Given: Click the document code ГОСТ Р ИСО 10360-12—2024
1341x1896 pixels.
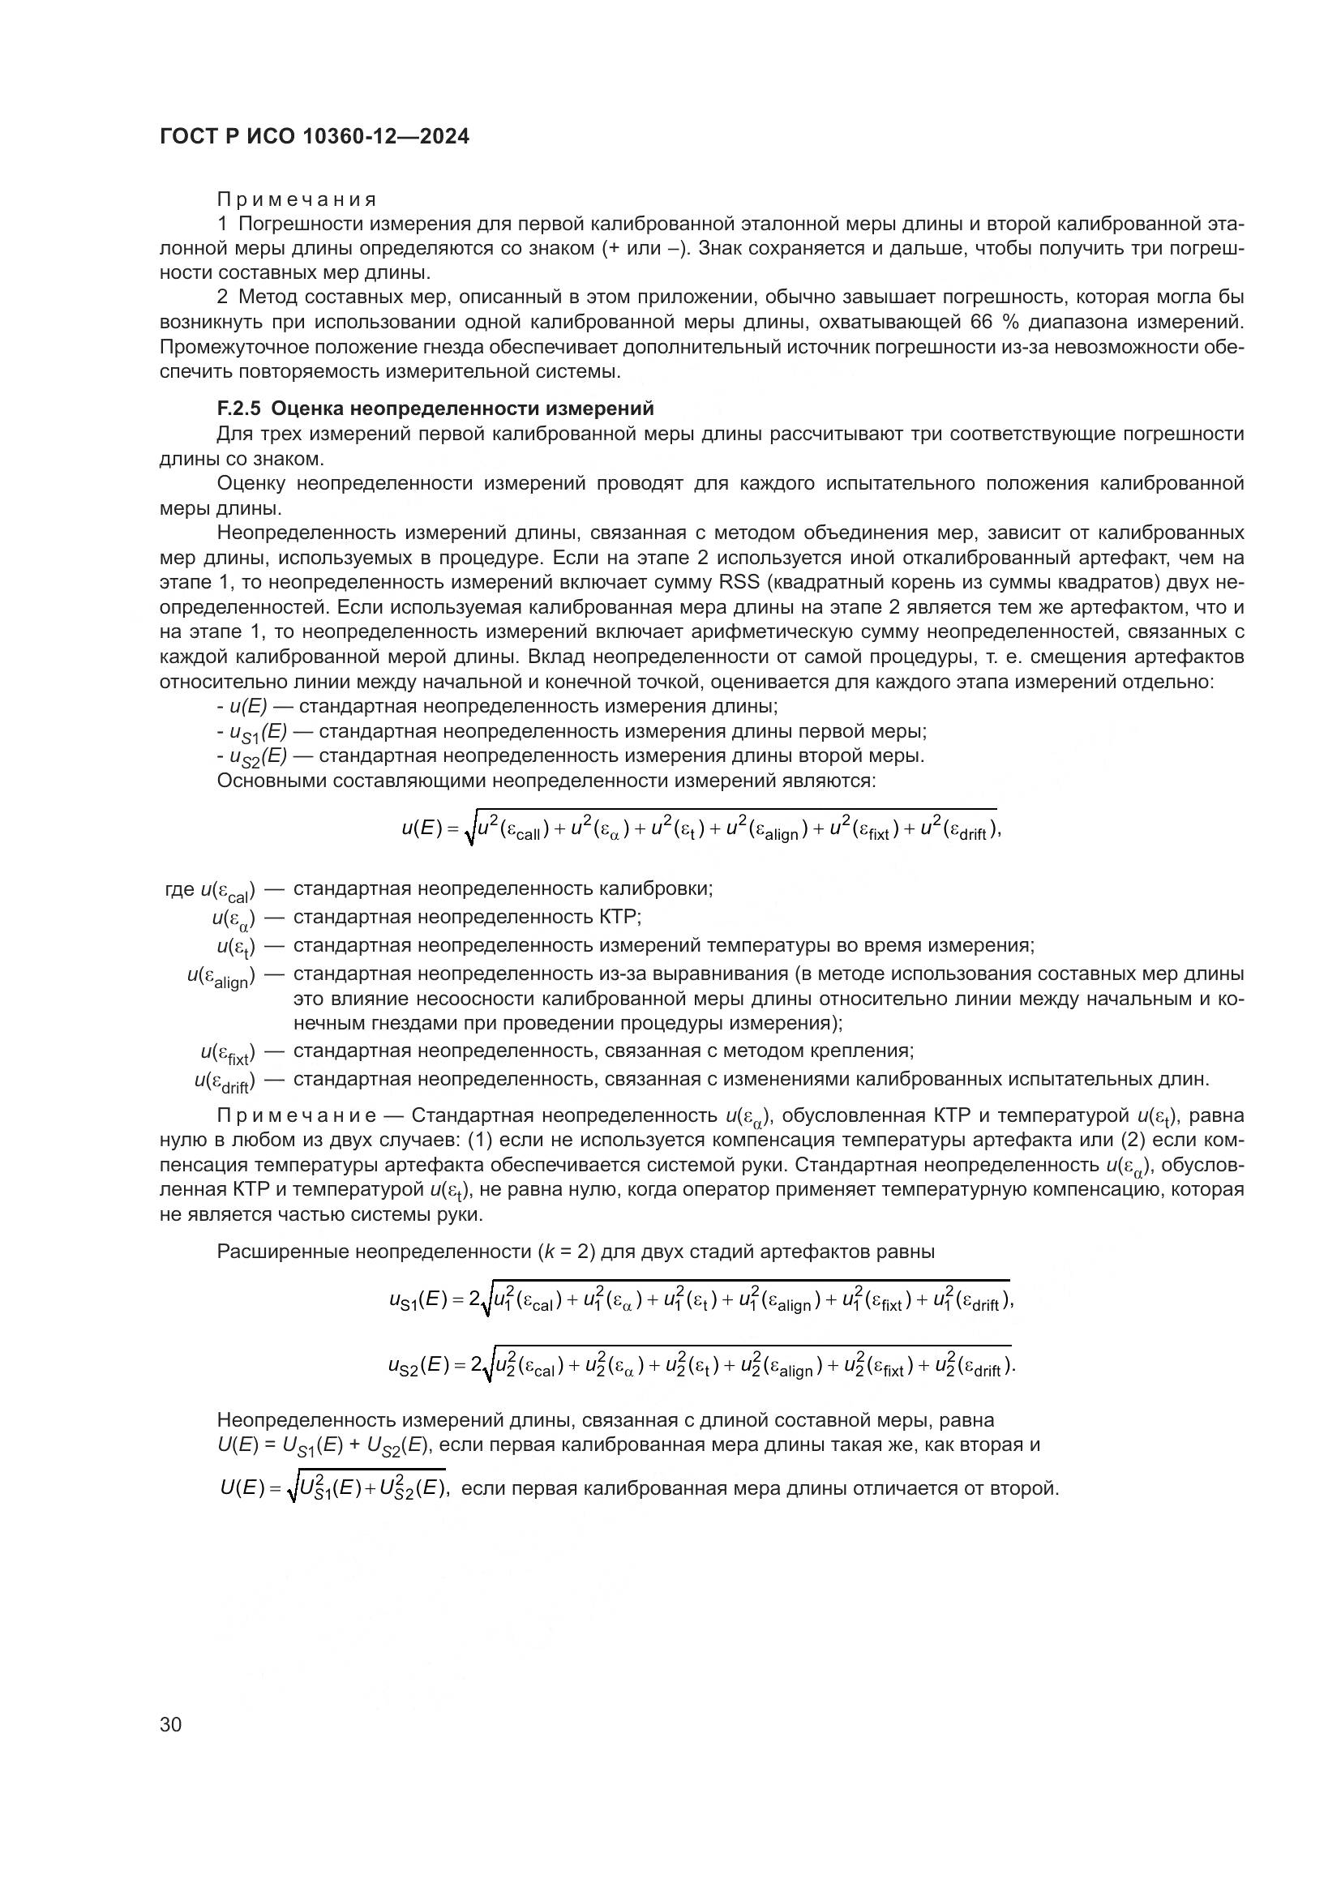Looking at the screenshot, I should (314, 137).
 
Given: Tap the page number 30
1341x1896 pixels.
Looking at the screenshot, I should (171, 1724).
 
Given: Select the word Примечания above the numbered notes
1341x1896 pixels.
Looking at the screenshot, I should (297, 199).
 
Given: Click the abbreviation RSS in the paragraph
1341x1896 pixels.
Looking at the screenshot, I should (739, 582).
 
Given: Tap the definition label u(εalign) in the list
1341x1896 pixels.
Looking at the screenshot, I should (221, 977).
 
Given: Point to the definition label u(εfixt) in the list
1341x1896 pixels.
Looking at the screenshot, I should (227, 1053).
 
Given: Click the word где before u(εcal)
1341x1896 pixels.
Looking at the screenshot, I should (180, 889).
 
